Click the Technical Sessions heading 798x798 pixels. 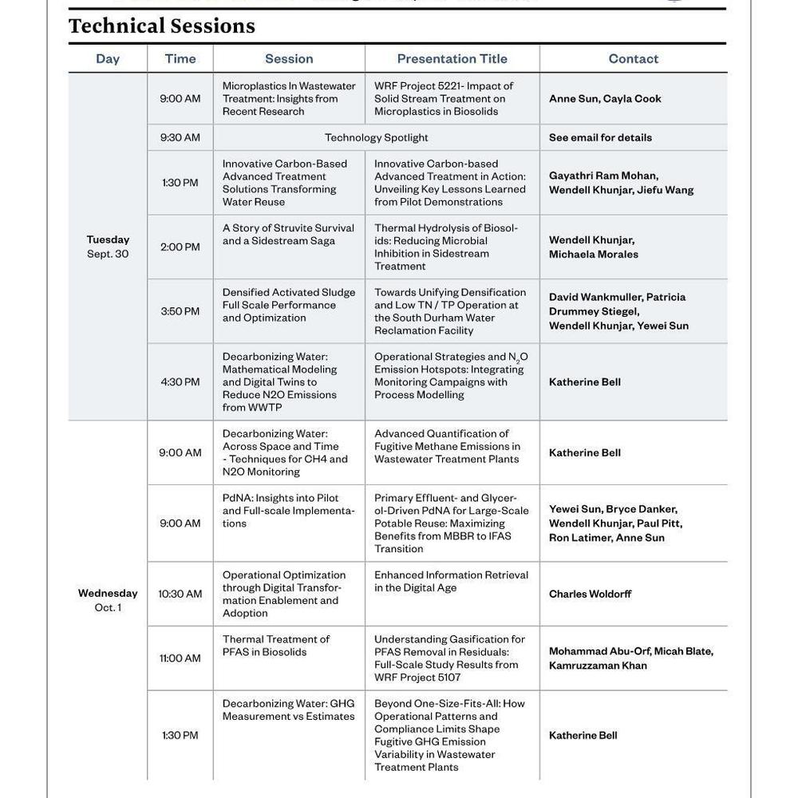click(162, 26)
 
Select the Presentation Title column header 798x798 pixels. click(452, 59)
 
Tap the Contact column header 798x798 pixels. click(633, 59)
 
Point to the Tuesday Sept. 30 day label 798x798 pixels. click(108, 247)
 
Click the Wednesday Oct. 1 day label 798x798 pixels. click(108, 600)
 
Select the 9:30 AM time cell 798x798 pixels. click(180, 137)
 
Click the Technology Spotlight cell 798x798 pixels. click(376, 137)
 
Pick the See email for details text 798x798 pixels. click(600, 137)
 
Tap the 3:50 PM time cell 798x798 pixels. click(180, 311)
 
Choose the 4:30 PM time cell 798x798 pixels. click(180, 382)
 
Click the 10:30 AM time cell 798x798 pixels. click(180, 594)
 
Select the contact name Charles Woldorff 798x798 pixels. click(590, 594)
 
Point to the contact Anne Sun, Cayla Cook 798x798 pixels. click(605, 99)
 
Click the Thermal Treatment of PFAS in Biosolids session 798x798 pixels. click(276, 646)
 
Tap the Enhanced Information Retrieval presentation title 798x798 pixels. click(451, 581)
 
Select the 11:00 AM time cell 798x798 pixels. click(180, 658)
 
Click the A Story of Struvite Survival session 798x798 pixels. click(288, 235)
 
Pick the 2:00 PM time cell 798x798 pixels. click(180, 247)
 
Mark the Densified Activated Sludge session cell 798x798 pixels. click(289, 305)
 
